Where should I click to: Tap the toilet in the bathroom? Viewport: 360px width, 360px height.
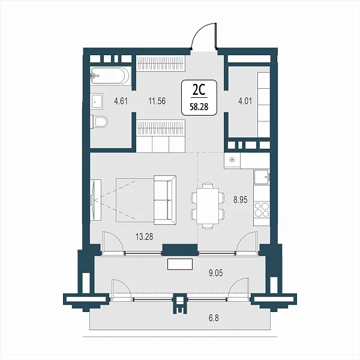coord(99,121)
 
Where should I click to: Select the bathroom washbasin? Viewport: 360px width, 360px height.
coord(97,101)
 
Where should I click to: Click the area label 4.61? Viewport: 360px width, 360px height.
coord(121,101)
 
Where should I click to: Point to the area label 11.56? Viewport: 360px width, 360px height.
coord(157,101)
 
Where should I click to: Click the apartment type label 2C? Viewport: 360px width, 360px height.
coord(199,91)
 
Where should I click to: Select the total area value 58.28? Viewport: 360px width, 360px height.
coord(199,107)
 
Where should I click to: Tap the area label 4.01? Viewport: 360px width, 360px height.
coord(245,101)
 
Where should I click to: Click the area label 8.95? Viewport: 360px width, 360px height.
coord(241,200)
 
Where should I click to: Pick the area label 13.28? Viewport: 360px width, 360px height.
coord(144,237)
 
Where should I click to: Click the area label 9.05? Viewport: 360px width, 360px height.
coord(216,273)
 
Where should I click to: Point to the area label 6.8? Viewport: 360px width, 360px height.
coord(214,318)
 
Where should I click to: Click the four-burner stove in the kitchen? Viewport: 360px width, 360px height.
coord(262,209)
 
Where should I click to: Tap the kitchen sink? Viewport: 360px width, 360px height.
coord(262,177)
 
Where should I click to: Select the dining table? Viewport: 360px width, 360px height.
coord(208,206)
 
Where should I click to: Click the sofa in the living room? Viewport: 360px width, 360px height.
coord(165,200)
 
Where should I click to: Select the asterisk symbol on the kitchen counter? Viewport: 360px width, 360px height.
coord(232,160)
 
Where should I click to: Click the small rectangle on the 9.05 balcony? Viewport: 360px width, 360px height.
coord(180,264)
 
